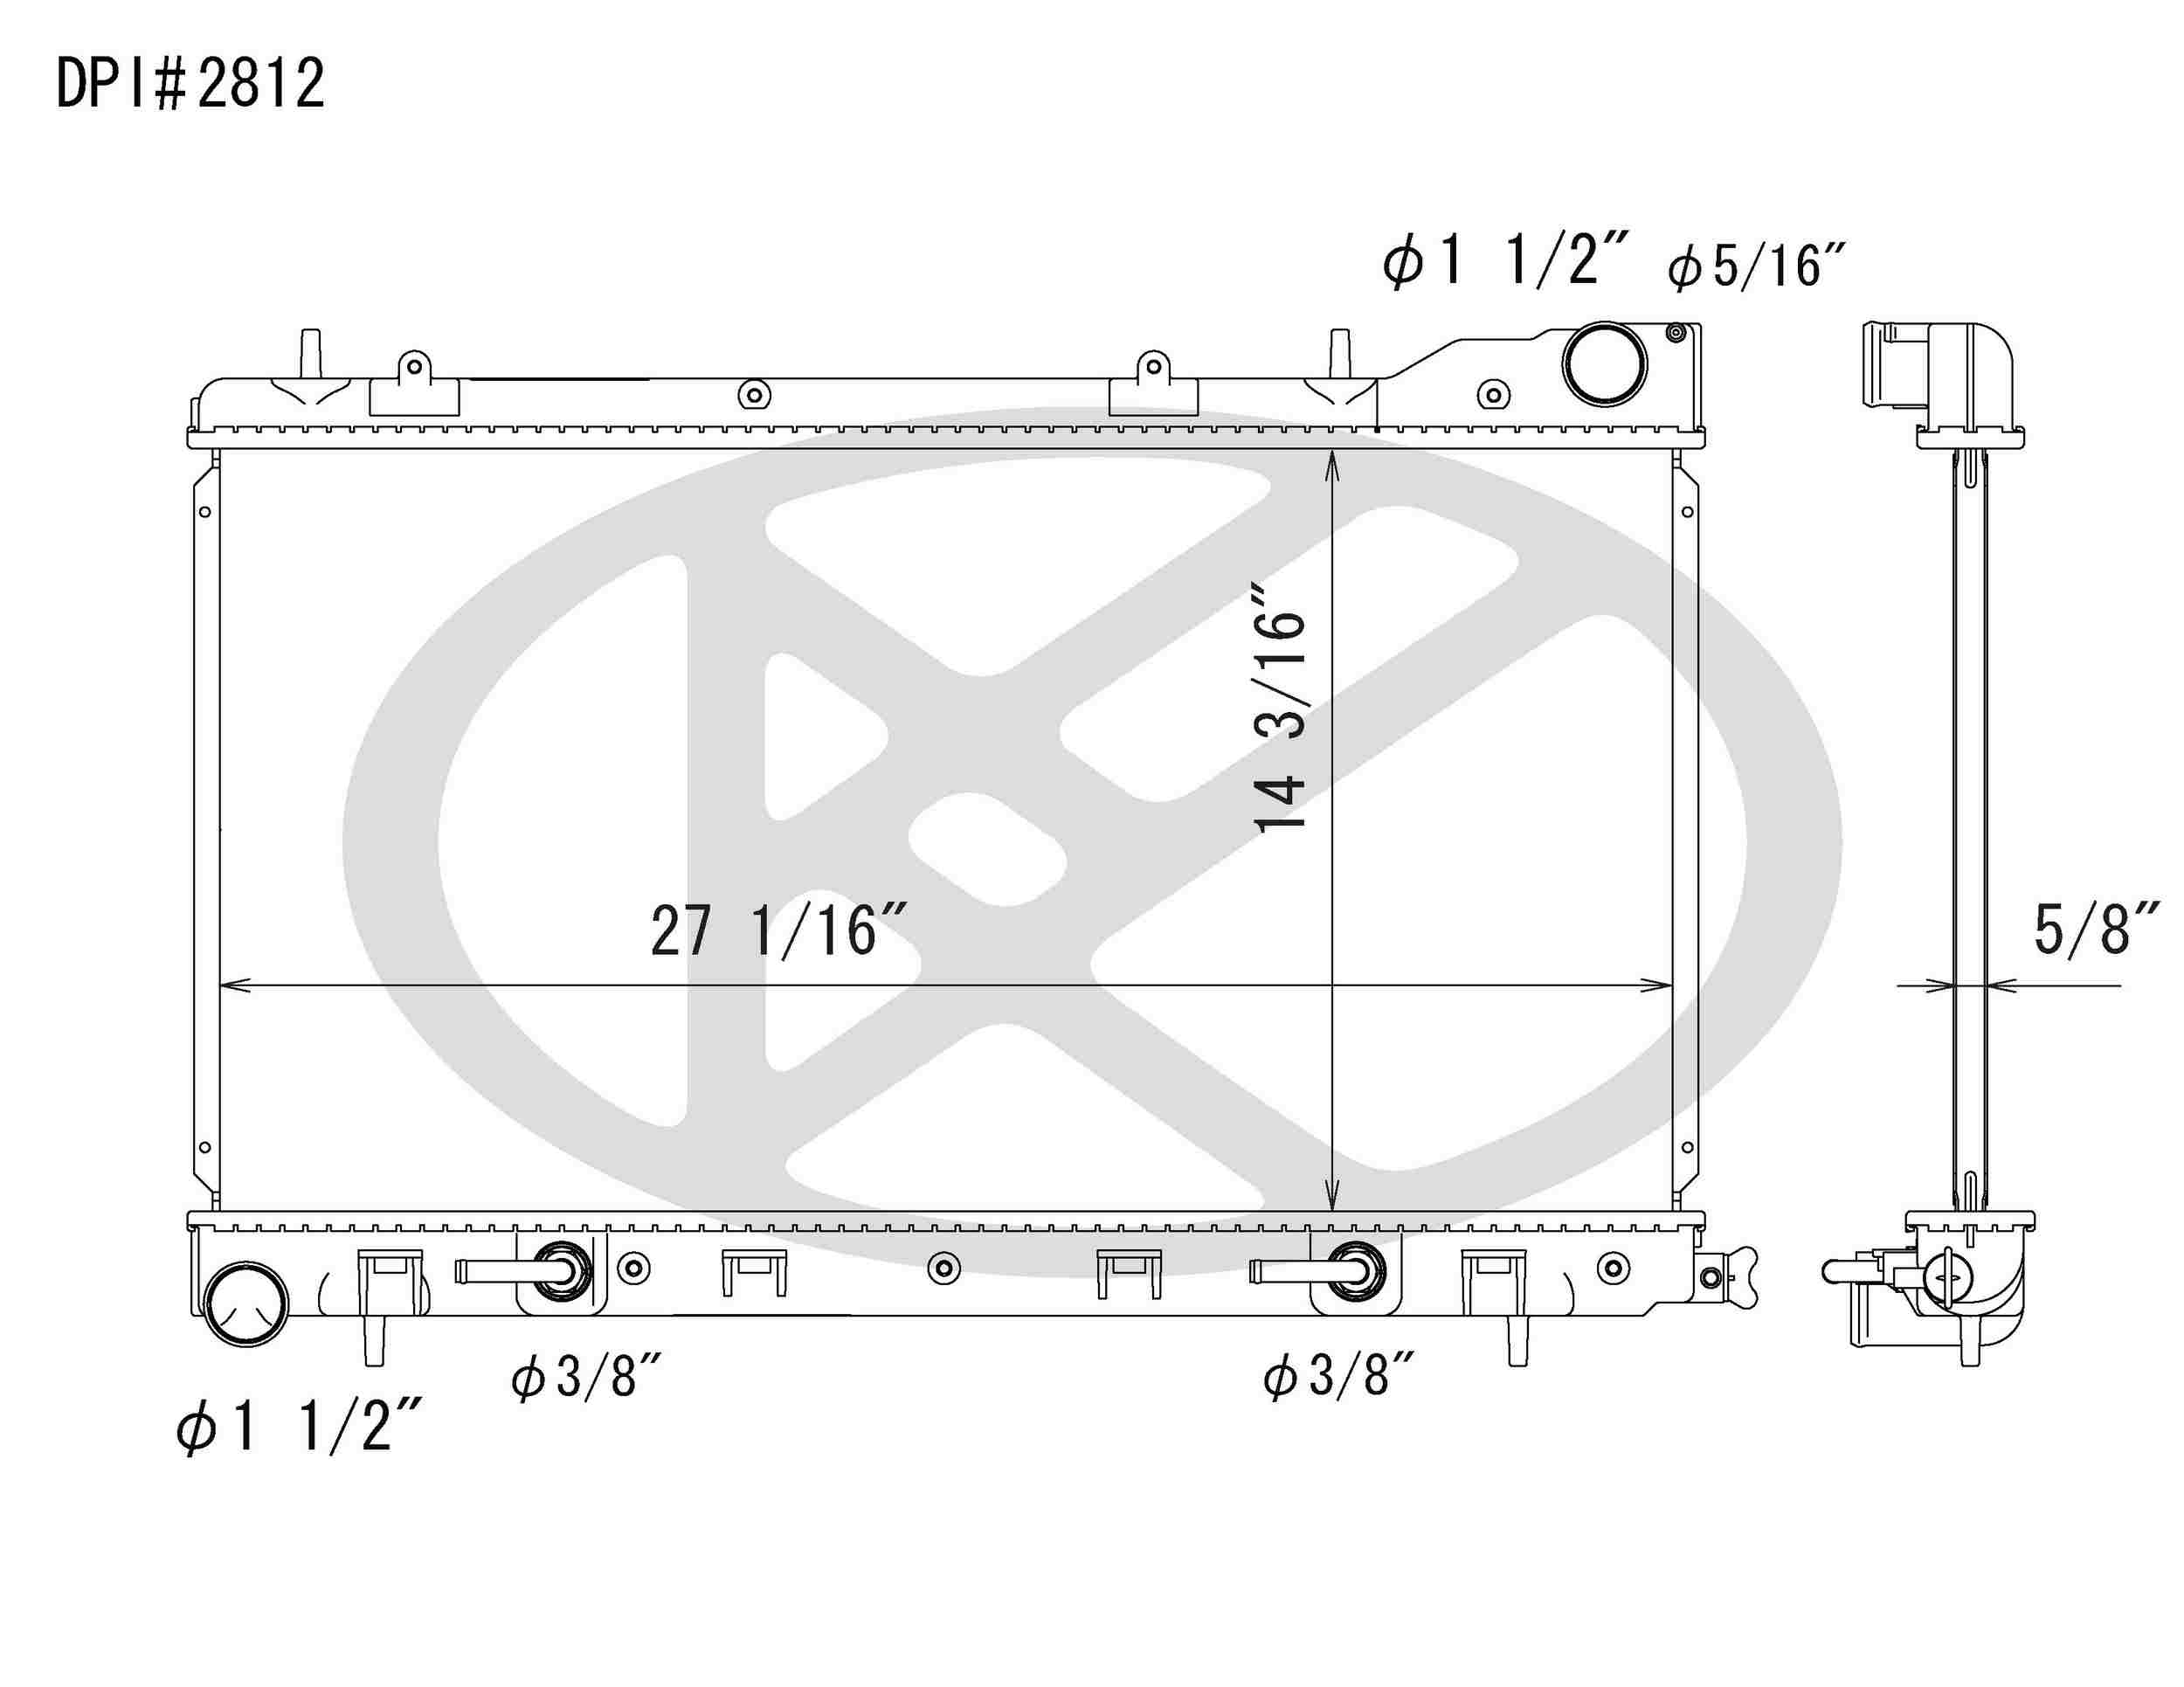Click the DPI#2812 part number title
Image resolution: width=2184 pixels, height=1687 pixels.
[x=190, y=84]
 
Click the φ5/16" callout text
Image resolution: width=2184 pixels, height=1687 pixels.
[x=1755, y=266]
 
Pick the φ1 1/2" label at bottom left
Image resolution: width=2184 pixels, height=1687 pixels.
[x=298, y=1425]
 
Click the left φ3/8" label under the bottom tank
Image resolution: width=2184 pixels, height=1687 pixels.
[x=586, y=1376]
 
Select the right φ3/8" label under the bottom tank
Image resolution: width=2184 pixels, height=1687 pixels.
[x=1338, y=1376]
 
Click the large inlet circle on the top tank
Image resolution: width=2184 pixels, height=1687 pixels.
[x=1604, y=364]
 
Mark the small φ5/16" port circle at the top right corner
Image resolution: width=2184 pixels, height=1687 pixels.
[x=1676, y=333]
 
